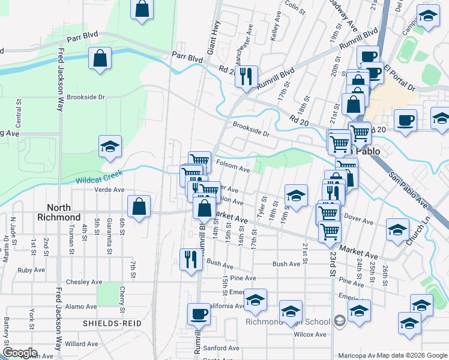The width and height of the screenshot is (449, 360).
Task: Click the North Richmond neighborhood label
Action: [x=58, y=212]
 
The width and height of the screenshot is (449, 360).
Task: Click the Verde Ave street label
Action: [x=109, y=190]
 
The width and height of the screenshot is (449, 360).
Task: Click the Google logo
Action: [x=20, y=353]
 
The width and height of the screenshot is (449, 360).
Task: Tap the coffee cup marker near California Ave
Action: [x=199, y=313]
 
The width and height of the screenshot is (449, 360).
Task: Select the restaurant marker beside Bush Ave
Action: [x=190, y=259]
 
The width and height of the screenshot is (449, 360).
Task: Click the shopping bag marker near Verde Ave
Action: [x=139, y=206]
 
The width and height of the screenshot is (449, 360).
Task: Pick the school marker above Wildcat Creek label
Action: [x=110, y=146]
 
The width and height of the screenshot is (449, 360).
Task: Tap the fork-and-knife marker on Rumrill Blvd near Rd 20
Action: [x=246, y=76]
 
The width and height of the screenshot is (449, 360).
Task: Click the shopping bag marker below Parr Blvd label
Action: [x=100, y=58]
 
